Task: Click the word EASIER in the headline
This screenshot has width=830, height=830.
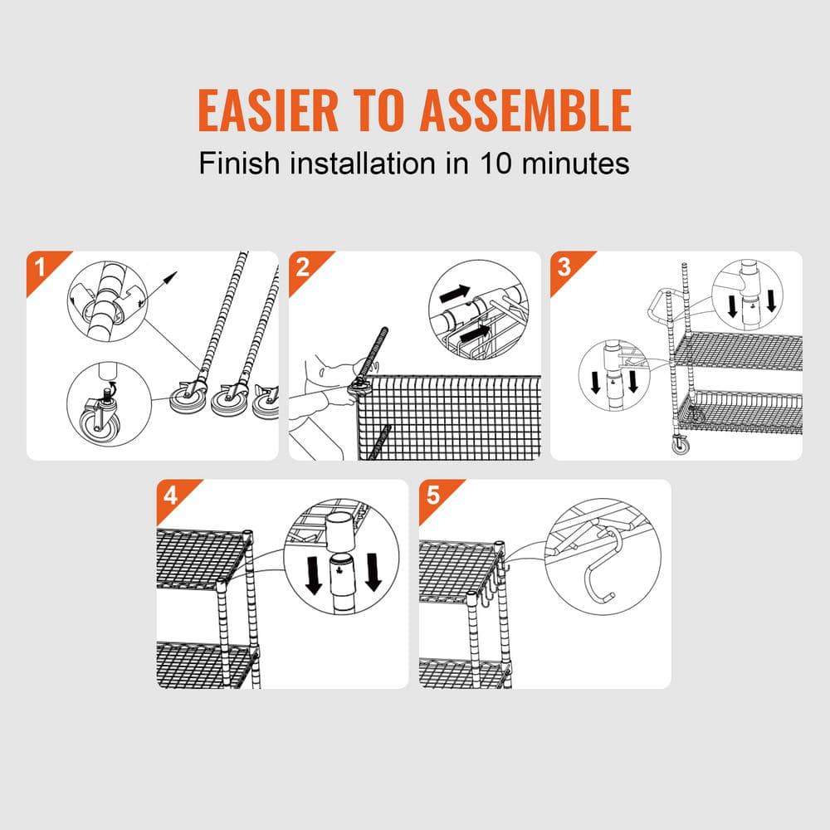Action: coord(268,110)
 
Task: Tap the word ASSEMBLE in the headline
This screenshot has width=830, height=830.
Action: coord(525,110)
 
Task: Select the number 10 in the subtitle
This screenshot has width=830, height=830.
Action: coord(496,163)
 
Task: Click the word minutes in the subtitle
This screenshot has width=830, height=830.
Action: coord(576,163)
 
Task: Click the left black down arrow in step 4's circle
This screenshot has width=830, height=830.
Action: coord(314,575)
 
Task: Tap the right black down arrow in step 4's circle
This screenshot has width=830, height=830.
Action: coord(373,572)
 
